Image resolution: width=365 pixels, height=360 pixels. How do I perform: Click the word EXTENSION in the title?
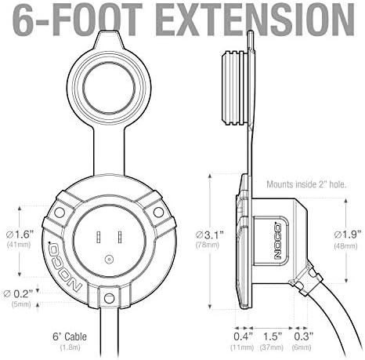tap(256, 20)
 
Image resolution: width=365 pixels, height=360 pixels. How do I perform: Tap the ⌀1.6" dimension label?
tap(20, 235)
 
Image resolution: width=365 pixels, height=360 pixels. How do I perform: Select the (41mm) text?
tap(19, 245)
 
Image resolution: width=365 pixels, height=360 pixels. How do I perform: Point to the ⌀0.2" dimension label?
tap(18, 294)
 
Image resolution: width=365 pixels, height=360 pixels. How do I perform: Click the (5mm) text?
tap(21, 304)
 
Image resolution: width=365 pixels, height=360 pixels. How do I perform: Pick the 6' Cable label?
tap(70, 336)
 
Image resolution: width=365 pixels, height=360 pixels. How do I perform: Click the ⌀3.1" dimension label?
tap(210, 235)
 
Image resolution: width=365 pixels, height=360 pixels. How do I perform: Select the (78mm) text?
tap(208, 245)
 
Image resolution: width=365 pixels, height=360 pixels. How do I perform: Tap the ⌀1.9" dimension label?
tap(348, 235)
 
